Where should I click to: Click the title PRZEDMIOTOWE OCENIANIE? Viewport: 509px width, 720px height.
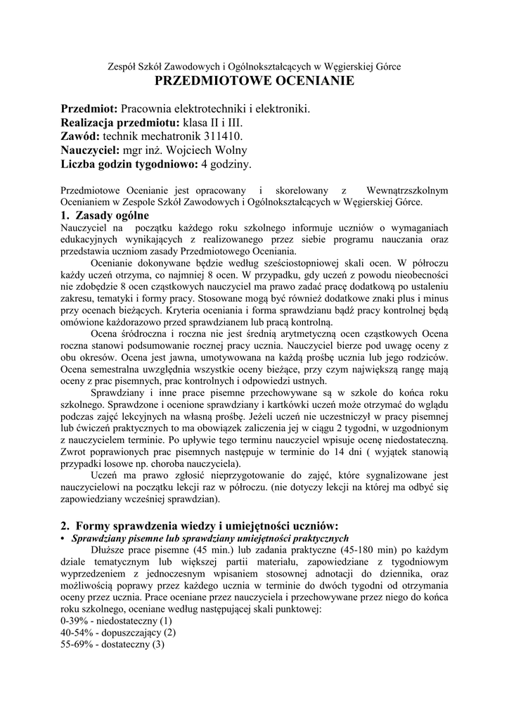click(254, 82)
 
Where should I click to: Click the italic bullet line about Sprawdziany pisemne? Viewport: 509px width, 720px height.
click(204, 538)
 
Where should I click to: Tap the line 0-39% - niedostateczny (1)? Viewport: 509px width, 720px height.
click(117, 621)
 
